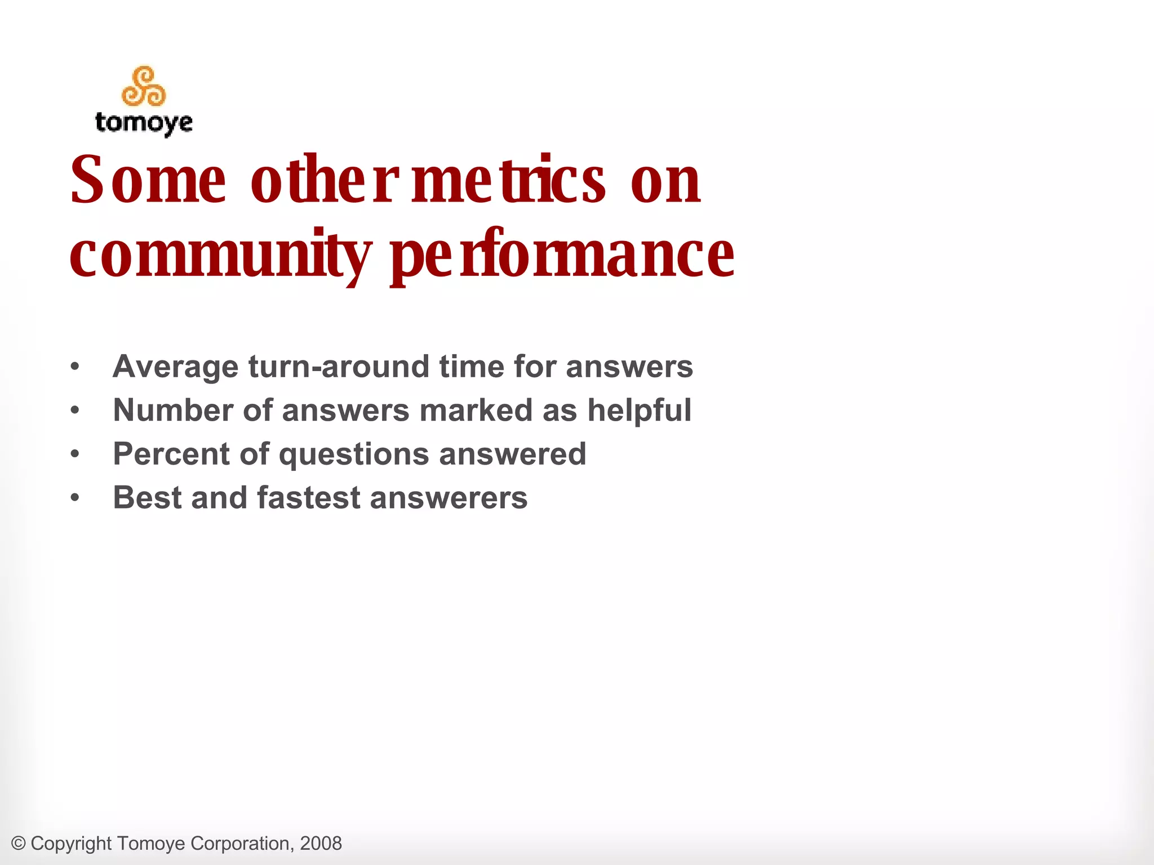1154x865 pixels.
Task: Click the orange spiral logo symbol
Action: pyautogui.click(x=144, y=87)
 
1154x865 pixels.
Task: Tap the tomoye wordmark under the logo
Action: pyautogui.click(x=144, y=123)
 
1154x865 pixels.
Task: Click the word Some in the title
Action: pyautogui.click(x=148, y=180)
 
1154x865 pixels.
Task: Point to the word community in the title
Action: pyautogui.click(x=220, y=255)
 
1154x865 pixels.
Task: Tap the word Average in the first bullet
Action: pyautogui.click(x=176, y=367)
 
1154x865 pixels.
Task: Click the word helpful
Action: pyautogui.click(x=639, y=410)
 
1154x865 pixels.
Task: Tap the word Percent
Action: pyautogui.click(x=171, y=454)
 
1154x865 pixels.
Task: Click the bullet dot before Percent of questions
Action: pyautogui.click(x=76, y=454)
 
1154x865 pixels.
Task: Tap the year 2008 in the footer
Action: pyautogui.click(x=321, y=844)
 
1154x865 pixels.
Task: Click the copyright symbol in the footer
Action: pyautogui.click(x=19, y=844)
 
